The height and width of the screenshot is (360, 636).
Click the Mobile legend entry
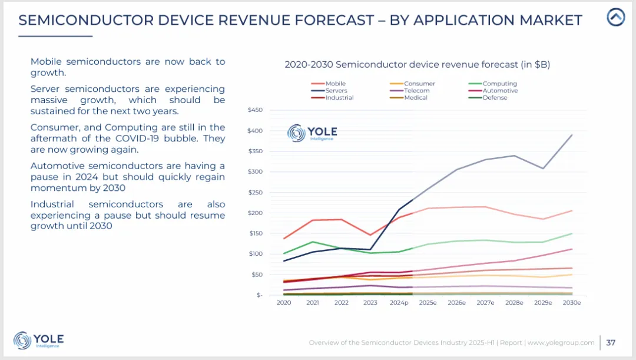click(x=335, y=84)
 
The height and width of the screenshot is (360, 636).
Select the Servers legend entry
click(x=336, y=91)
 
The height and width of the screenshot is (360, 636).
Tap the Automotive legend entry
click(x=500, y=91)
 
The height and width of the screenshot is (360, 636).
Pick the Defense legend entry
click(x=495, y=98)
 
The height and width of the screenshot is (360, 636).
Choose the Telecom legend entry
click(x=416, y=91)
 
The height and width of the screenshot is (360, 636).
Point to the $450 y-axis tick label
click(x=254, y=110)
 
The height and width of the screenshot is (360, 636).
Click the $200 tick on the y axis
click(x=254, y=213)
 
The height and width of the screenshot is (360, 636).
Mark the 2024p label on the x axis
click(x=399, y=303)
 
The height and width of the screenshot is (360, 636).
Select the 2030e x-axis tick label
click(x=571, y=303)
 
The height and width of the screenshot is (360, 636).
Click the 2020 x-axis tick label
click(x=284, y=303)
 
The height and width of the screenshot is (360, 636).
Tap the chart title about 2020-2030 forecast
click(x=417, y=65)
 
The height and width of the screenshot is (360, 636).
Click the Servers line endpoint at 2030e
click(x=571, y=135)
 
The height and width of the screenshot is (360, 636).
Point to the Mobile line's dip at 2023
click(x=370, y=235)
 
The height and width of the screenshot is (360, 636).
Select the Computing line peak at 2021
click(x=313, y=242)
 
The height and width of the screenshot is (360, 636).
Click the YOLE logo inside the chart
click(x=312, y=133)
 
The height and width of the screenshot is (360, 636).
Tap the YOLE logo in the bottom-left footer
click(x=38, y=340)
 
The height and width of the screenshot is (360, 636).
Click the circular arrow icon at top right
click(x=616, y=18)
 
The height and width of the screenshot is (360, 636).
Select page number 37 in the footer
click(x=611, y=342)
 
